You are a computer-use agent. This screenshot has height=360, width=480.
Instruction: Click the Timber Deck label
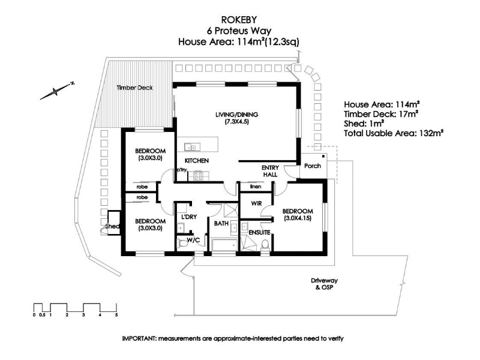tap(134, 88)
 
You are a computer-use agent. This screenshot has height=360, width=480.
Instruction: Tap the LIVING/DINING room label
tap(236, 115)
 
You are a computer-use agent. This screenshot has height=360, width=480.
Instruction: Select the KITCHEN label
tap(197, 161)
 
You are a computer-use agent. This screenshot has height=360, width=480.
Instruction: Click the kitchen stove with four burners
tap(198, 176)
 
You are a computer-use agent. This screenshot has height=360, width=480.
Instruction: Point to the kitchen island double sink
tap(192, 147)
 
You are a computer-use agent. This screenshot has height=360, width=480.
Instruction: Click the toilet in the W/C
tap(182, 244)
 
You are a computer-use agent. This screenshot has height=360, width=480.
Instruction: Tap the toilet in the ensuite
tap(265, 244)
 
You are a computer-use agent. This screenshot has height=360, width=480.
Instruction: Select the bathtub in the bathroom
tap(224, 245)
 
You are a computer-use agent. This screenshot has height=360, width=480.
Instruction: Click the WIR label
tap(257, 203)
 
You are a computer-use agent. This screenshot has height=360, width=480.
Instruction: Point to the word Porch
tap(313, 166)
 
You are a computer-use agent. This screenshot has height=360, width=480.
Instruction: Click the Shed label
tap(112, 227)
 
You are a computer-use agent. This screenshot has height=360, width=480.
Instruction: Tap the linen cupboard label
tap(256, 187)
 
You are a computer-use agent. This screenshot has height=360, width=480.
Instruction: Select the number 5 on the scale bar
tap(116, 314)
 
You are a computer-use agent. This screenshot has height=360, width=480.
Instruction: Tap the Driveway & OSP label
tap(324, 284)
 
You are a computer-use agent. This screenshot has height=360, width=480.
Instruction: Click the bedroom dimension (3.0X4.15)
tap(298, 218)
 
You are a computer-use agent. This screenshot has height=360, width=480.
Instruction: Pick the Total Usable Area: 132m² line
tap(394, 133)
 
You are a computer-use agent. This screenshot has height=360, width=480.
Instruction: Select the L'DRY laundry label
tap(189, 217)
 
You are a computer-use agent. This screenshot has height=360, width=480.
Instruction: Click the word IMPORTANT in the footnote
tap(139, 338)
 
